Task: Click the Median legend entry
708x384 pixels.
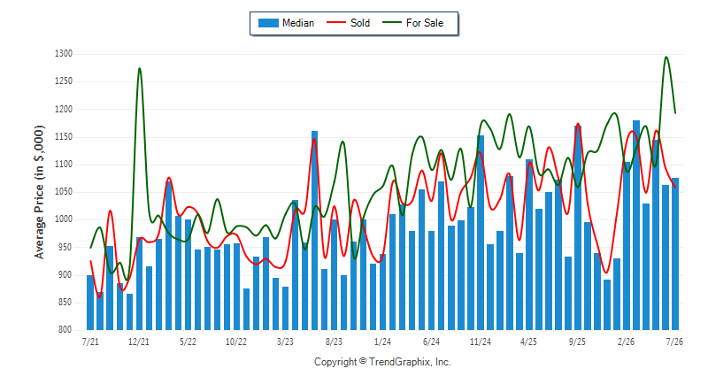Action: point(286,23)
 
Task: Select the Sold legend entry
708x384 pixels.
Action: point(348,23)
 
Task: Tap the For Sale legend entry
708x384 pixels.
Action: point(413,23)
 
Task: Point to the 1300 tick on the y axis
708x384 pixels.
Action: point(64,54)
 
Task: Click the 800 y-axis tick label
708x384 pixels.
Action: point(65,330)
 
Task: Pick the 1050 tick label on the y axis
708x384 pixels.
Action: point(64,192)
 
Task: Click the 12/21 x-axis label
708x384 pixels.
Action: point(139,342)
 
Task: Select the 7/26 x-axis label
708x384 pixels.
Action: point(674,342)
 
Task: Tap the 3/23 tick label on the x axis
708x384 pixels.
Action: point(285,342)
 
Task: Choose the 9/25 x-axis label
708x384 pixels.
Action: point(577,342)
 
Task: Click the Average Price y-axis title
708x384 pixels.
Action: point(39,192)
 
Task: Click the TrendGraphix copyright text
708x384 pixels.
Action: point(382,362)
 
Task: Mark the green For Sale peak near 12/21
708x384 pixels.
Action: point(140,69)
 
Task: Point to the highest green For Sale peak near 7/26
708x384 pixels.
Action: point(666,57)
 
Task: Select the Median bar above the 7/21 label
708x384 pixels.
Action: point(90,303)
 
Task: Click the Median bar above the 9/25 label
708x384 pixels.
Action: point(578,228)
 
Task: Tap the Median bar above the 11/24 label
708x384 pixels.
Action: point(481,233)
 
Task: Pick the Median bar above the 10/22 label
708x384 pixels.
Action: point(236,287)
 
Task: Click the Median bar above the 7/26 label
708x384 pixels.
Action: point(675,254)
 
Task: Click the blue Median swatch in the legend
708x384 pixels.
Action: point(268,23)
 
